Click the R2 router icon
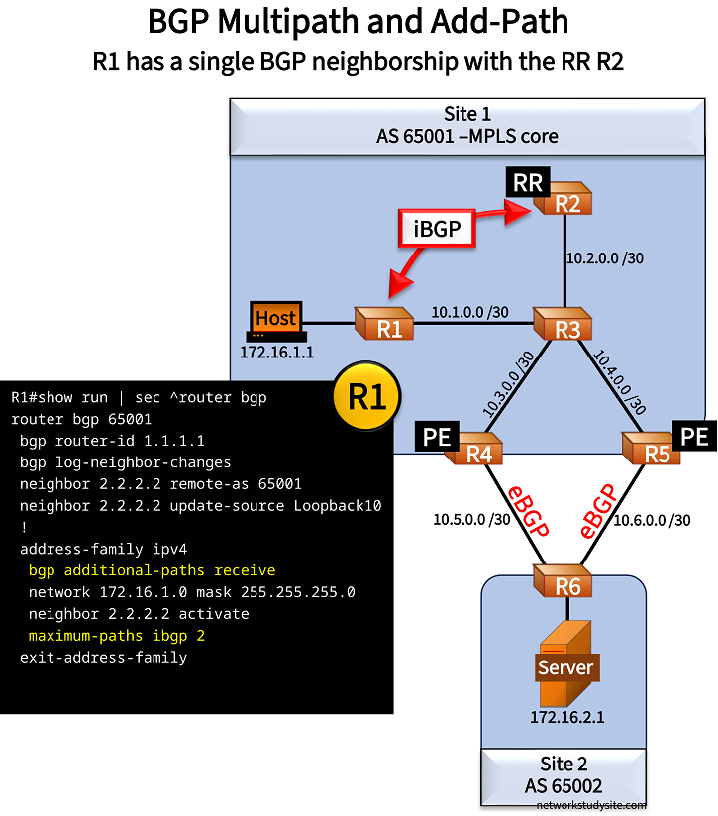pyautogui.click(x=565, y=201)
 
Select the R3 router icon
pyautogui.click(x=564, y=324)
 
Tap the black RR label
pyautogui.click(x=526, y=182)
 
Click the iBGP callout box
pyautogui.click(x=433, y=230)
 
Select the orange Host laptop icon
pyautogui.click(x=275, y=321)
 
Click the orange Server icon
pyautogui.click(x=565, y=664)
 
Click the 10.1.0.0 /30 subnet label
pyautogui.click(x=469, y=311)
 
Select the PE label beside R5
pyautogui.click(x=693, y=436)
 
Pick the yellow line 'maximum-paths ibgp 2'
pyautogui.click(x=116, y=635)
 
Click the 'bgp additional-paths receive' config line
pyautogui.click(x=152, y=570)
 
